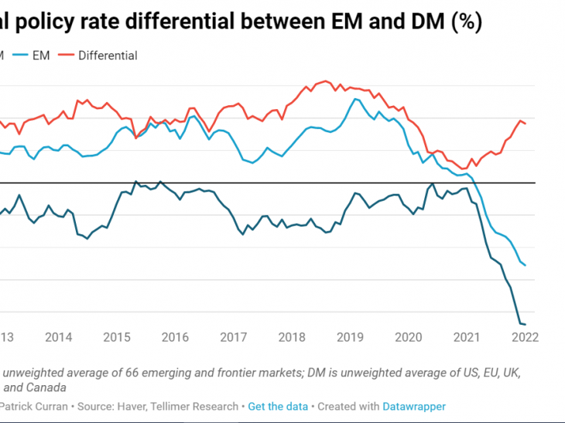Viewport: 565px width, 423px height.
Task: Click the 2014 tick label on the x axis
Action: [x=59, y=337]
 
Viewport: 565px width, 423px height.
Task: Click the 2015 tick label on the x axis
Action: [x=117, y=337]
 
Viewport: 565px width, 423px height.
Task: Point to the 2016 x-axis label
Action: [x=176, y=337]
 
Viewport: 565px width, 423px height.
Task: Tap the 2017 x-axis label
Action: [x=234, y=337]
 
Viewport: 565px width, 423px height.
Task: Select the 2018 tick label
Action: [x=293, y=337]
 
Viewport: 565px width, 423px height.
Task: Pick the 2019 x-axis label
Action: [x=351, y=337]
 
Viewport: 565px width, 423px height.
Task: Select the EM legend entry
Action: [x=41, y=55]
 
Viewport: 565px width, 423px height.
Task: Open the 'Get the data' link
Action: [x=278, y=406]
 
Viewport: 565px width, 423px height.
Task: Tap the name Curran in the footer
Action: [x=55, y=406]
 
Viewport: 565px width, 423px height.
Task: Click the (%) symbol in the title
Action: [x=467, y=23]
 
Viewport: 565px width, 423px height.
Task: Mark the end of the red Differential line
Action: [x=526, y=124]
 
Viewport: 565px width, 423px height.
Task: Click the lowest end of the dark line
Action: [x=526, y=324]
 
